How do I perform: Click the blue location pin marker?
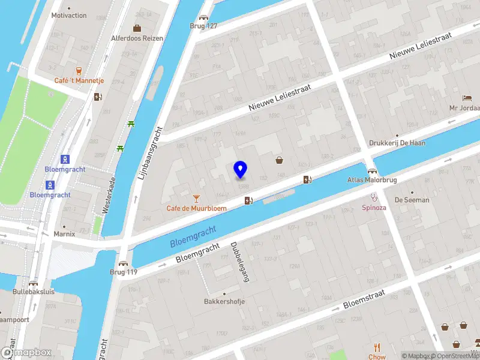(240, 169)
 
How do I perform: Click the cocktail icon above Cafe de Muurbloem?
(196, 198)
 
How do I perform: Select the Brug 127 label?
(203, 26)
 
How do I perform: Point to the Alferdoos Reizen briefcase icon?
(137, 28)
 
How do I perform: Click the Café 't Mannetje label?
(79, 80)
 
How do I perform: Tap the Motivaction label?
(69, 16)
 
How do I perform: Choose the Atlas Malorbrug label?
(371, 179)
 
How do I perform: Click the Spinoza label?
(374, 208)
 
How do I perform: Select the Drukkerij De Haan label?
(397, 143)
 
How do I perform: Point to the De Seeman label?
(412, 200)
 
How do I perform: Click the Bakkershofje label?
(224, 301)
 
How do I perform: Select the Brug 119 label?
(124, 272)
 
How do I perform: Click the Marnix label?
(64, 234)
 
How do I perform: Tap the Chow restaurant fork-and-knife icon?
(377, 347)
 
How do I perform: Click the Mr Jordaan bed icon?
(467, 98)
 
